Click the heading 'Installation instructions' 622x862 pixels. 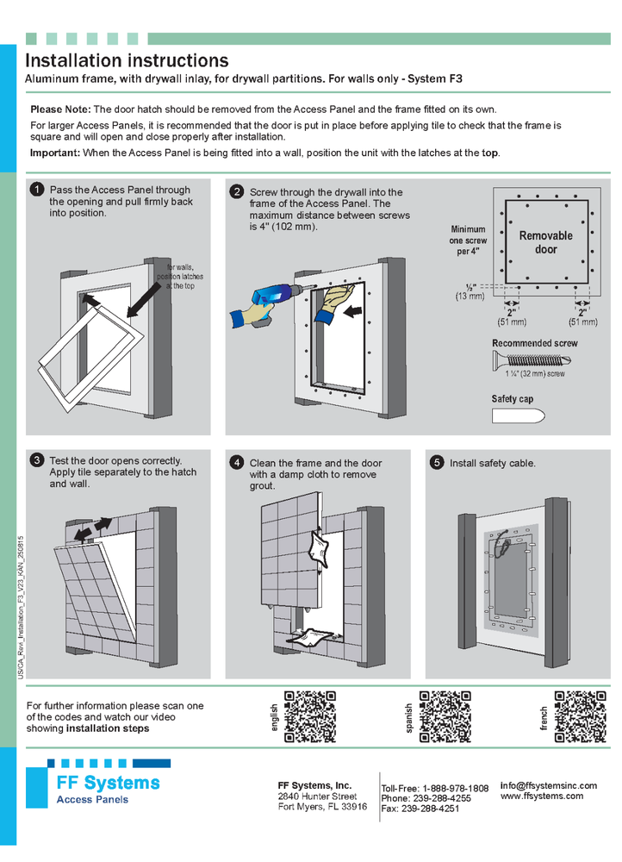[x=127, y=60]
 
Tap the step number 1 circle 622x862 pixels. [x=37, y=190]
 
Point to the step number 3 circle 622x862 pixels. [x=37, y=460]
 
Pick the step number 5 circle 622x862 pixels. [x=437, y=463]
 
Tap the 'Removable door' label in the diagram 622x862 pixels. [x=545, y=242]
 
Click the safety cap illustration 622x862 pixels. [x=518, y=416]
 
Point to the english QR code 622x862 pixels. [x=310, y=716]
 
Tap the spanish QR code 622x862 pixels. [x=445, y=716]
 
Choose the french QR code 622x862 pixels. [x=580, y=716]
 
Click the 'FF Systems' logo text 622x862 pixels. [x=108, y=783]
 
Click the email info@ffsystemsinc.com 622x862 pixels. [x=548, y=785]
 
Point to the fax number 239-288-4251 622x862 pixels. [x=441, y=809]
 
